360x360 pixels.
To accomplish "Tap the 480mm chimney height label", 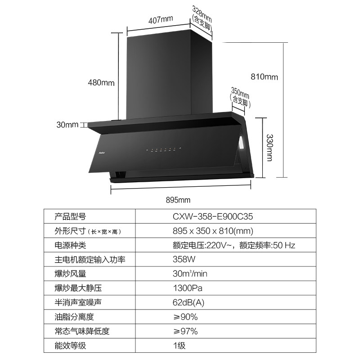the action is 101,83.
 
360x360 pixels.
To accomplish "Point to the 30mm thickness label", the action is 67,125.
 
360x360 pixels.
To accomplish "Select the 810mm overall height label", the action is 264,77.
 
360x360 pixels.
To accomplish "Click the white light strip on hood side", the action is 242,144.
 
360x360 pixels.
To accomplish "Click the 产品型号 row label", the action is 70,216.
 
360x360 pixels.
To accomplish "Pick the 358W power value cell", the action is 181,260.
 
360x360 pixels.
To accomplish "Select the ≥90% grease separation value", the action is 185,317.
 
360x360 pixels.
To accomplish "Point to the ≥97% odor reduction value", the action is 185,332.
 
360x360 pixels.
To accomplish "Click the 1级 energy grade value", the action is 179,346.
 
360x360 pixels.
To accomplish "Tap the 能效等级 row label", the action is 70,346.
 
